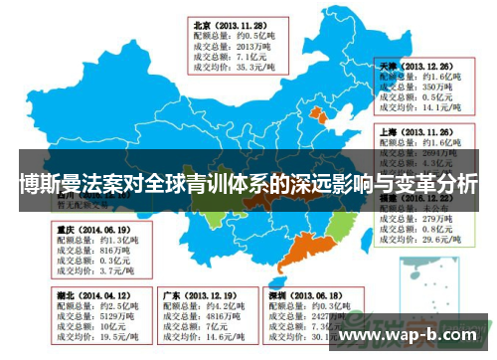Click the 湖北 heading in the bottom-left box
click(x=65, y=295)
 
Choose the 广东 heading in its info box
click(x=172, y=295)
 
